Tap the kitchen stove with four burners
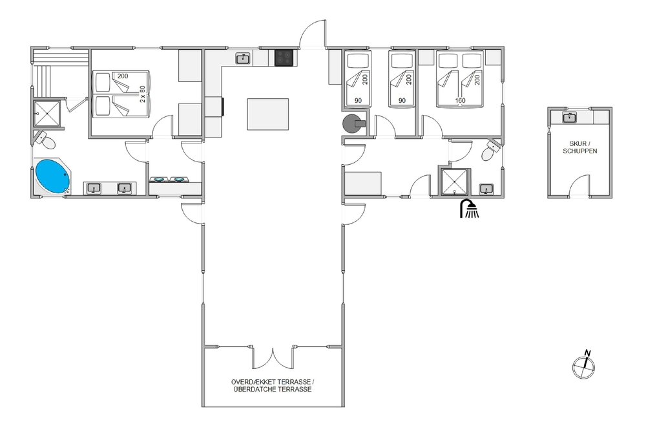pyautogui.click(x=284, y=58)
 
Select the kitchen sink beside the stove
pyautogui.click(x=243, y=59)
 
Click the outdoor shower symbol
pyautogui.click(x=469, y=209)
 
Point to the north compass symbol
pyautogui.click(x=584, y=364)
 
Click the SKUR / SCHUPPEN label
pyautogui.click(x=579, y=147)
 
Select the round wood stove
pyautogui.click(x=354, y=123)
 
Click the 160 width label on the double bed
pyautogui.click(x=460, y=101)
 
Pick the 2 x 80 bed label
pyautogui.click(x=143, y=94)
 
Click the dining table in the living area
pyautogui.click(x=268, y=114)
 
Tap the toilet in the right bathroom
pyautogui.click(x=491, y=151)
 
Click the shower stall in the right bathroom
pyautogui.click(x=455, y=182)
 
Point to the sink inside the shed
pyautogui.click(x=569, y=118)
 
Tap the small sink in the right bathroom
pyautogui.click(x=486, y=189)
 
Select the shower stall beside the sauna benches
pyautogui.click(x=47, y=113)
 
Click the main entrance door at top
pyautogui.click(x=313, y=34)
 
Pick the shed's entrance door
pyautogui.click(x=579, y=185)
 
